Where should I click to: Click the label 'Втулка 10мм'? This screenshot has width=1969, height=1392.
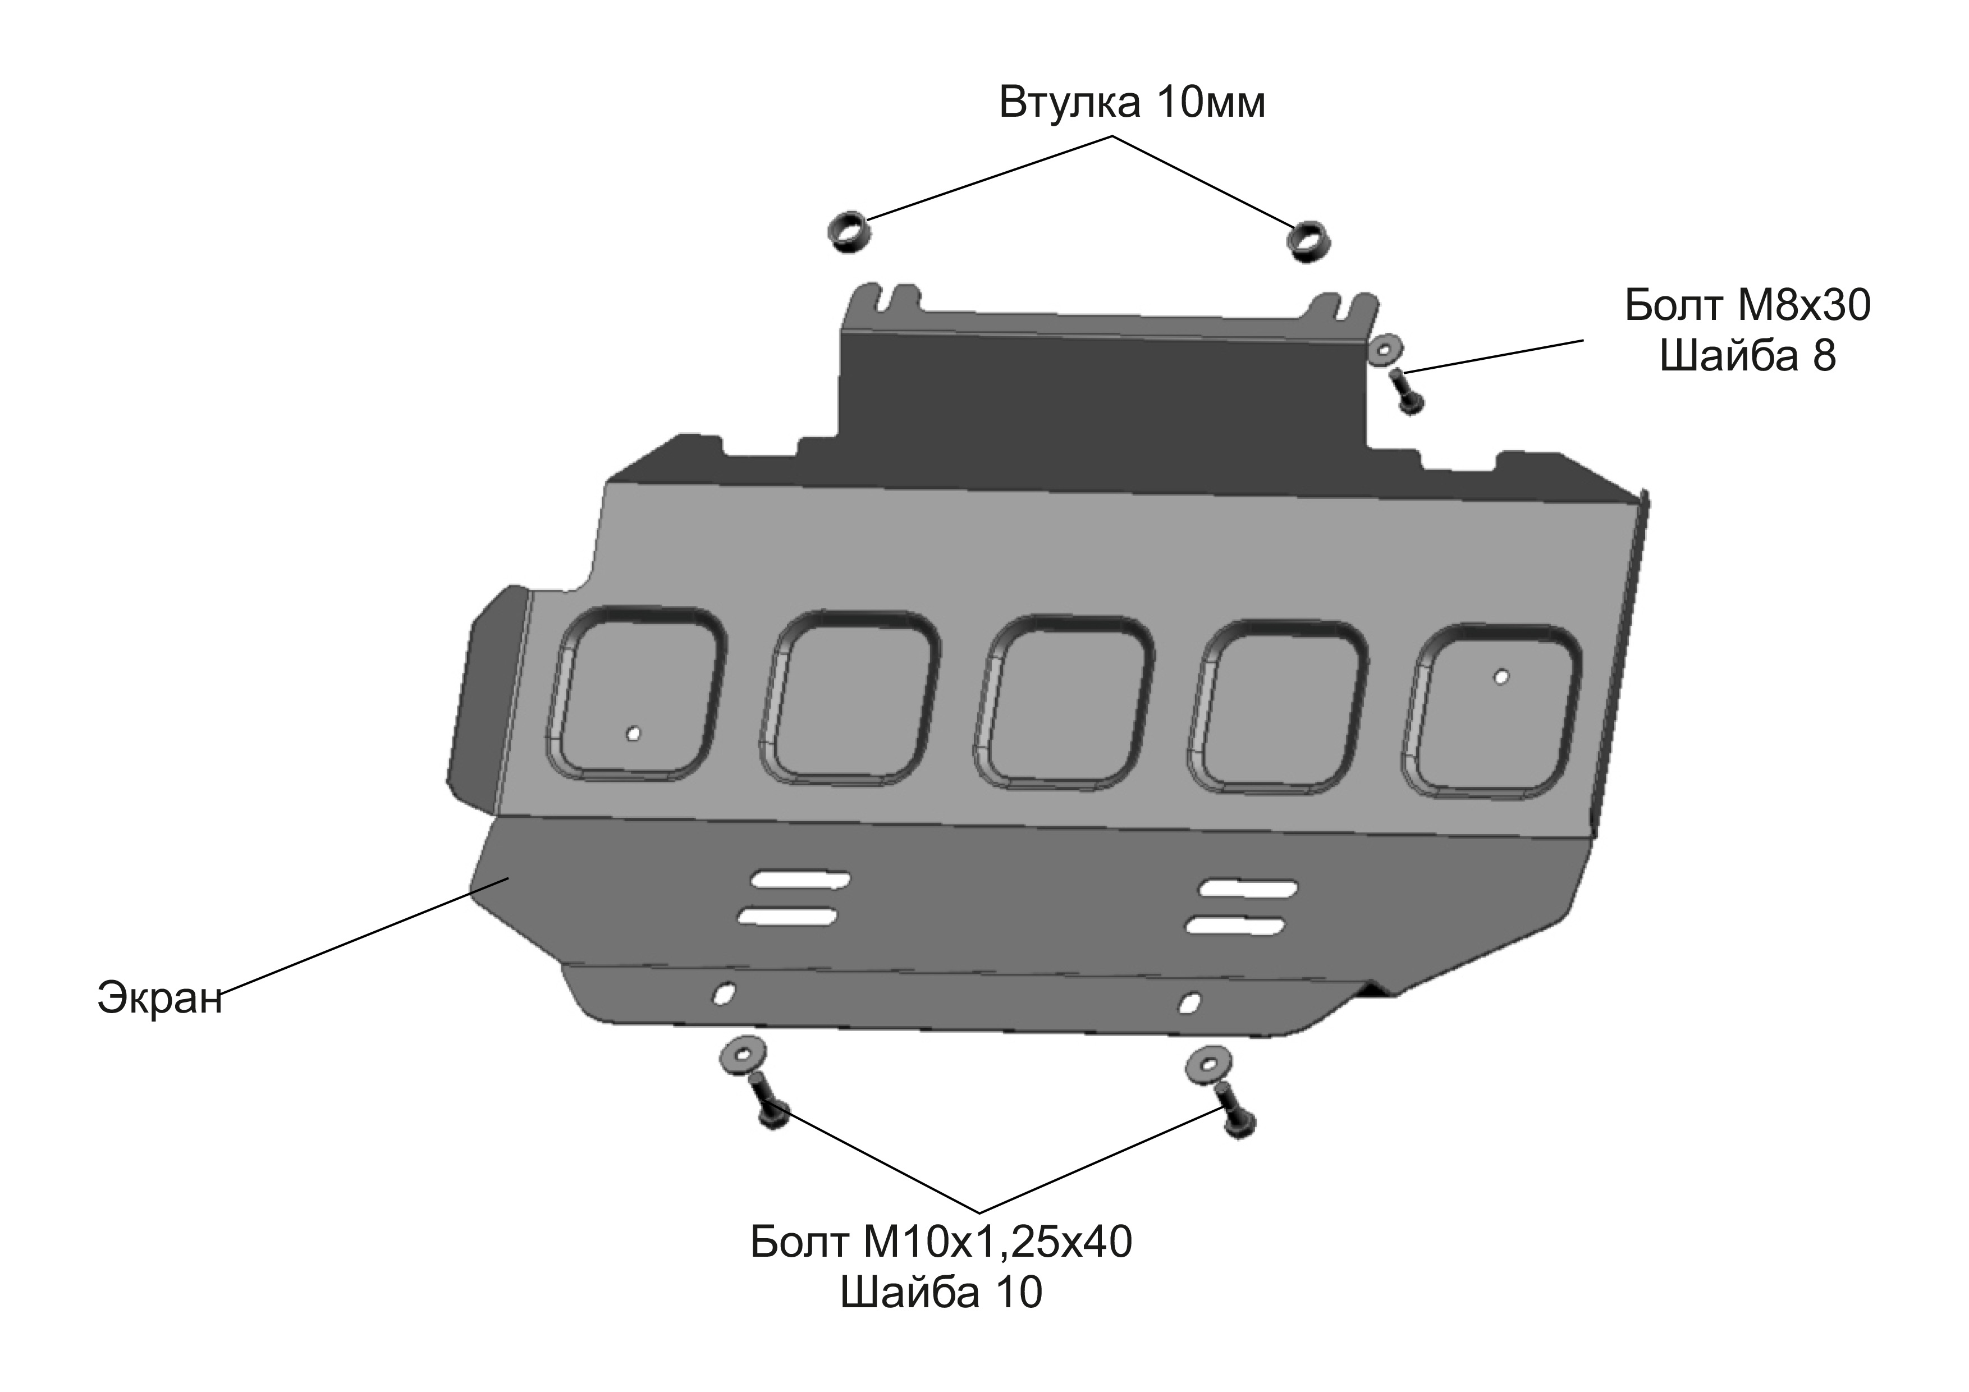click(1132, 103)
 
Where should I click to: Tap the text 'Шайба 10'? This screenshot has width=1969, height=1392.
click(941, 1292)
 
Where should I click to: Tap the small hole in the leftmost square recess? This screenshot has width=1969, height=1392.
click(633, 733)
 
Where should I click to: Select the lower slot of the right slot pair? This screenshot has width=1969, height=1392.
click(1235, 926)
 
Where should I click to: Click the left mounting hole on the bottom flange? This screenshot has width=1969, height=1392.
click(725, 992)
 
